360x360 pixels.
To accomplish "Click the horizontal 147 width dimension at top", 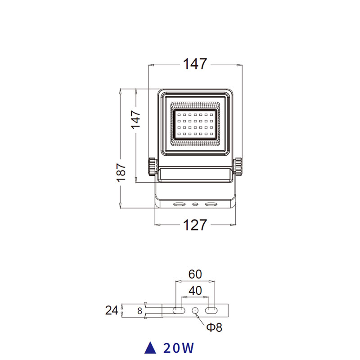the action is point(195,63).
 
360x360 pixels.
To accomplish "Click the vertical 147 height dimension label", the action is point(136,120).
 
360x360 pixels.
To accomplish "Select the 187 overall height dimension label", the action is point(121,172).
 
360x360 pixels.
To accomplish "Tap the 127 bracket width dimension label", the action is point(195,225).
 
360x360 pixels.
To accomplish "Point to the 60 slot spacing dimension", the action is point(195,274).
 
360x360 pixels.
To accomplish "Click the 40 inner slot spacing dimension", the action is point(195,291).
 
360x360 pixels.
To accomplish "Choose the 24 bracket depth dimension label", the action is point(112,310).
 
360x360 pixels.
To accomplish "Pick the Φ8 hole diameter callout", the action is point(214,328).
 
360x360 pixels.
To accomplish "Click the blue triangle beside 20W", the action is point(150,347).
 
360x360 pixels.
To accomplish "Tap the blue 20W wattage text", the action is point(179,348).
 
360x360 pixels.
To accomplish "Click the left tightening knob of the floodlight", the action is point(152,166).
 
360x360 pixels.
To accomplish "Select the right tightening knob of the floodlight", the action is point(238,166).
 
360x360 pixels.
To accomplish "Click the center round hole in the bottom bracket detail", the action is point(195,310).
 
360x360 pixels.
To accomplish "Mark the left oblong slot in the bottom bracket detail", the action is point(179,310).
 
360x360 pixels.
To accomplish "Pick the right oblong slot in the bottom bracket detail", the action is point(211,310).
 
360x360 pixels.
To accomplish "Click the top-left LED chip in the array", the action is point(179,115).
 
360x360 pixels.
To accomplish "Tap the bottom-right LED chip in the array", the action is point(211,134).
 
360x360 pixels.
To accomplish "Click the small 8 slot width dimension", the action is point(140,311).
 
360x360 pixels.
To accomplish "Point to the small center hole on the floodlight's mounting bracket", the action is point(195,204).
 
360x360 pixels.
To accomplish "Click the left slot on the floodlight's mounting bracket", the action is point(179,204).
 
